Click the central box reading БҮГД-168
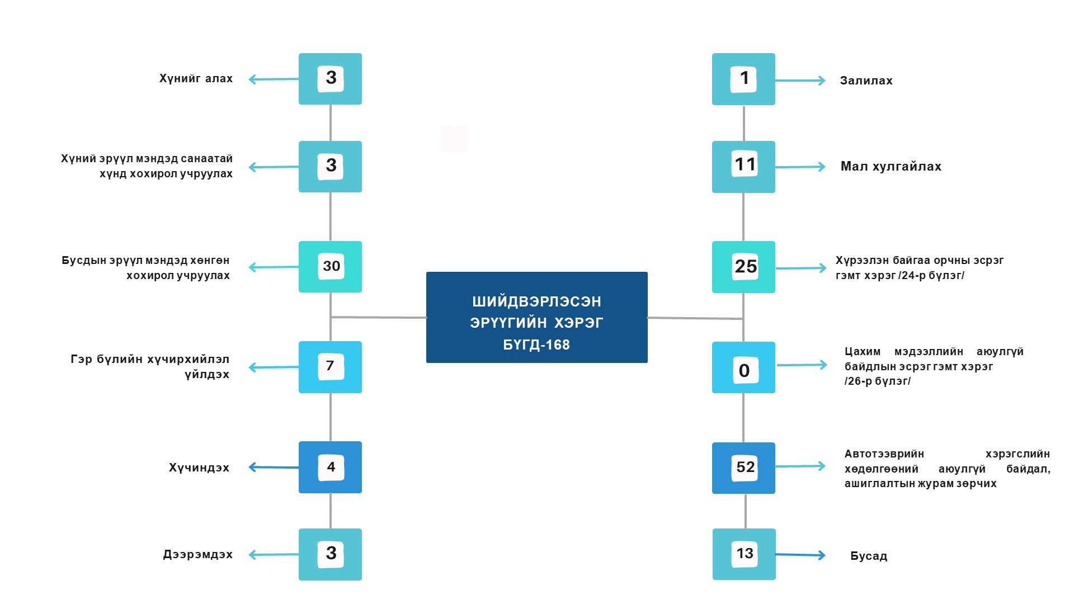[536, 317]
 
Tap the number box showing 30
[330, 267]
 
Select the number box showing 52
[743, 468]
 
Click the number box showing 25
[743, 267]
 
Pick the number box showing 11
[743, 167]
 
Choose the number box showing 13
[744, 554]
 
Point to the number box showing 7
[330, 367]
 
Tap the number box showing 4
[330, 467]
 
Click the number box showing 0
[743, 367]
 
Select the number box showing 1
[743, 79]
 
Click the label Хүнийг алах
[196, 79]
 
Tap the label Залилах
[866, 81]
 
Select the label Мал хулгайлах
[891, 167]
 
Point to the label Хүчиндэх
[199, 468]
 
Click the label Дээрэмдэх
[197, 555]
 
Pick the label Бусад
[869, 556]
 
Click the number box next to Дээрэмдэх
[330, 554]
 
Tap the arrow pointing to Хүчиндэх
[274, 467]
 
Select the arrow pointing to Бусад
[800, 555]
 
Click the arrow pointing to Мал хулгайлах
[800, 167]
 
